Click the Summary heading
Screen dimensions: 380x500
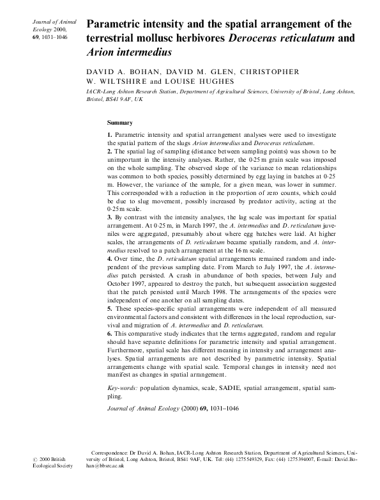click(x=120, y=122)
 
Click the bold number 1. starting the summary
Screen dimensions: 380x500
click(x=110, y=136)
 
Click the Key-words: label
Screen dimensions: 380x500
click(x=122, y=388)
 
